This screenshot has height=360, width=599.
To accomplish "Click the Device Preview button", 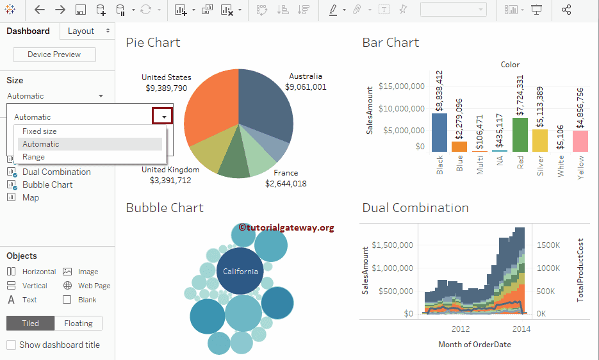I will coord(54,54).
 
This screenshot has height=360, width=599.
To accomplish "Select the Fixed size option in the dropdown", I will coord(40,131).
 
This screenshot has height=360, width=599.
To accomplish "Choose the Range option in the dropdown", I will coord(33,157).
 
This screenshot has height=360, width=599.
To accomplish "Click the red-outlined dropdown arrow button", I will coord(163,116).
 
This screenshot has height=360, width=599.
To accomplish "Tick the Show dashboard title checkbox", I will coord(11,345).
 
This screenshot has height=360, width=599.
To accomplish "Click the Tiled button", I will coord(30,323).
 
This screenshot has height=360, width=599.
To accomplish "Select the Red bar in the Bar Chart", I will coord(520,135).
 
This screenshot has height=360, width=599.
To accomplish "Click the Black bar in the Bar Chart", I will coord(439,132).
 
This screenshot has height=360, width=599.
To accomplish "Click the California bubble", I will coord(240,271).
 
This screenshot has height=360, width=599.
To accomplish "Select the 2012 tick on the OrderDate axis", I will coord(461,329).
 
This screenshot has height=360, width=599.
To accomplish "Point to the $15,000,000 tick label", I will coord(401,86).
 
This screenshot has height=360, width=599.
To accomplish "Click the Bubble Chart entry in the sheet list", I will coord(47,184).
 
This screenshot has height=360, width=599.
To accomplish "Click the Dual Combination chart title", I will coord(415,208).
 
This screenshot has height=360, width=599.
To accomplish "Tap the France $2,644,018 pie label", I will coord(286,178).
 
